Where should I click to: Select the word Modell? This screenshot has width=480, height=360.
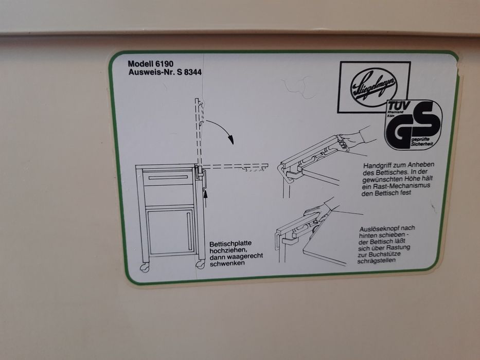click(140, 64)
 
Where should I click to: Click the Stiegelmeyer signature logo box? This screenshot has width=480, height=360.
click(373, 86)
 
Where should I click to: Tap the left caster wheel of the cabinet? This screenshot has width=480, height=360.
click(145, 268)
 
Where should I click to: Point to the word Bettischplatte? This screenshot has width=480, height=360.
click(229, 245)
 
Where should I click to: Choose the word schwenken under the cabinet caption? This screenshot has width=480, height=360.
click(226, 263)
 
